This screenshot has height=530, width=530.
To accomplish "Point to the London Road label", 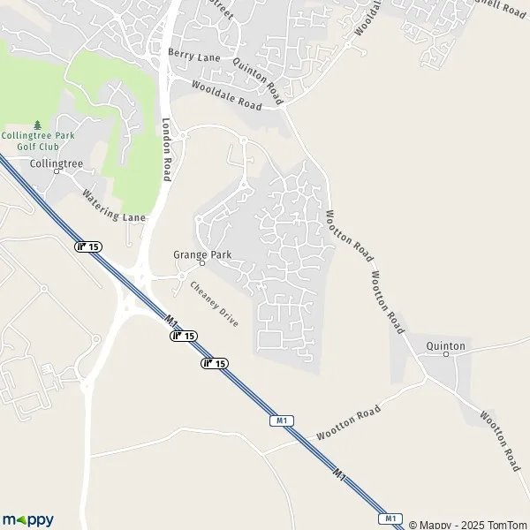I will [x=166, y=149].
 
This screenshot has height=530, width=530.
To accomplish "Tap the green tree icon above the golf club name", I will [x=36, y=124].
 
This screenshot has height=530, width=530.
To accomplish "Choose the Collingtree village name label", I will [x=55, y=163].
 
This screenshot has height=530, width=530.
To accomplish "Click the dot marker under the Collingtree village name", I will [x=55, y=173].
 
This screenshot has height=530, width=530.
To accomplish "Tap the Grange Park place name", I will [x=201, y=254].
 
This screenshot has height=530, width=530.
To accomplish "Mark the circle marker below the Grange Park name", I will [x=201, y=263].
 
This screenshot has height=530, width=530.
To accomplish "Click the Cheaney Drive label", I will [x=216, y=304].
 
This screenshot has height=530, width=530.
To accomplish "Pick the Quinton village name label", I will [x=445, y=345].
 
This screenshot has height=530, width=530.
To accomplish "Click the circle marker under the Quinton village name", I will [x=445, y=354].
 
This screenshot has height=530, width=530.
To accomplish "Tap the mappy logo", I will [x=27, y=519].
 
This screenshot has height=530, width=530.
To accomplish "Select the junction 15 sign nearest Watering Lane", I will [x=87, y=246].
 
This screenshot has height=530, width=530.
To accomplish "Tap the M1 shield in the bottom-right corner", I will [x=391, y=518].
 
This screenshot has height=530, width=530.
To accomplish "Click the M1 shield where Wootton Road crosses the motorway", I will [x=282, y=421].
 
